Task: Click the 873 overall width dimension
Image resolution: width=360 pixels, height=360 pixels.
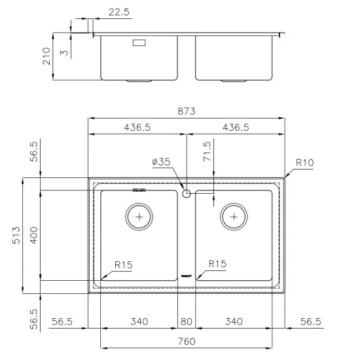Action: coord(187,111)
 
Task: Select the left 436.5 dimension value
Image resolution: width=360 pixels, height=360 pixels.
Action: coord(137,128)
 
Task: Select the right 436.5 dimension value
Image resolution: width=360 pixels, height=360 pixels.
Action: coord(236,128)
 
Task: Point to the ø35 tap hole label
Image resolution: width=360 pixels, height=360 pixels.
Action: coord(161,162)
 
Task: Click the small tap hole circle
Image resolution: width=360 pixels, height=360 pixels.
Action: coord(187,193)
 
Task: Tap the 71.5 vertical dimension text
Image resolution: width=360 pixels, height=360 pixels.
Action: coord(207,151)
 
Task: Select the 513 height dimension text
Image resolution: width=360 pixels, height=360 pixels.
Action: coord(15,235)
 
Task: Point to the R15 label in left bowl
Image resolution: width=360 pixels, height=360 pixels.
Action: coord(124,264)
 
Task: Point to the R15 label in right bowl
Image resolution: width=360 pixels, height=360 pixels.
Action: coord(217,264)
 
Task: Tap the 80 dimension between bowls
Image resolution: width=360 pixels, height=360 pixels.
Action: coord(186,321)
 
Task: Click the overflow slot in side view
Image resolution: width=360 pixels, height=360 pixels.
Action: coord(139,44)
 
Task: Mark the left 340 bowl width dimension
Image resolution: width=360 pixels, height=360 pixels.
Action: coord(139,321)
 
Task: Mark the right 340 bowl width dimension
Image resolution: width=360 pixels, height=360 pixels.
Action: coord(234,321)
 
